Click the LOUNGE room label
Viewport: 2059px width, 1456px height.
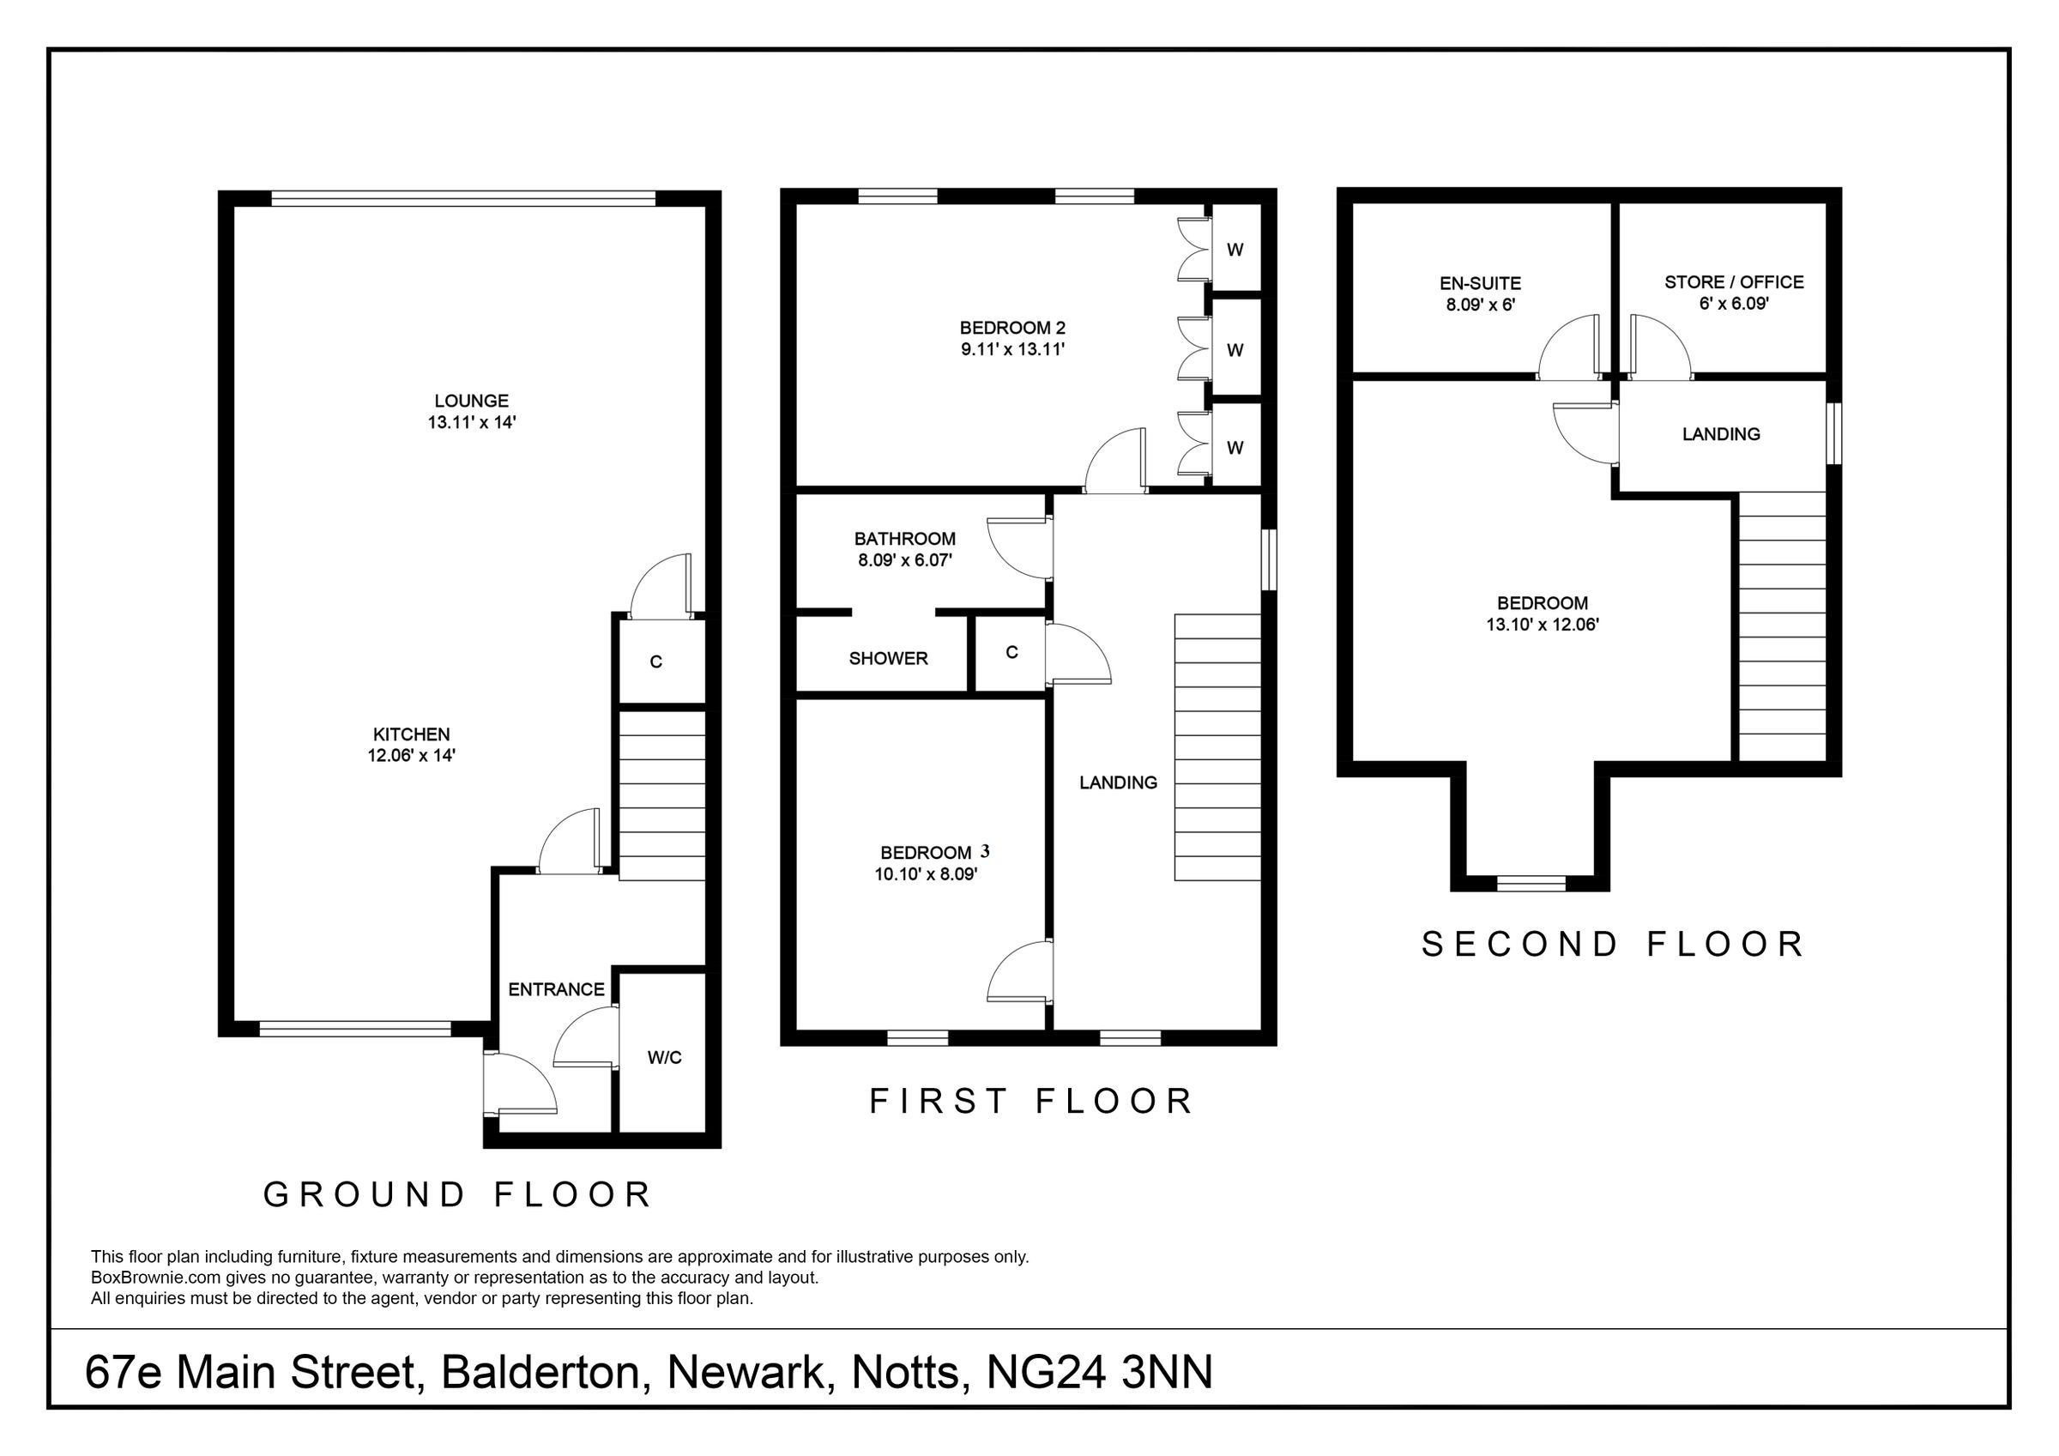(x=471, y=401)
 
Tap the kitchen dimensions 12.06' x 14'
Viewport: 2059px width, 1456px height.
(x=412, y=755)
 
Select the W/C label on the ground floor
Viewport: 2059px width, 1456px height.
(x=665, y=1058)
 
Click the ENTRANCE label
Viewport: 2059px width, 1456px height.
(x=556, y=989)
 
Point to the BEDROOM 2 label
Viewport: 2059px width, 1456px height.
(x=1012, y=328)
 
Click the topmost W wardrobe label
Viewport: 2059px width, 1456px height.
(x=1235, y=251)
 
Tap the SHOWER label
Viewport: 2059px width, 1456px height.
(x=888, y=658)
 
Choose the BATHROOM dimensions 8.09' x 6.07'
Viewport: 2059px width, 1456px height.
(x=904, y=560)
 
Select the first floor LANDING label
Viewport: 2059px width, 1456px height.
(x=1117, y=782)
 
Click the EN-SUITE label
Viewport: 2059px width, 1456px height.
(x=1480, y=283)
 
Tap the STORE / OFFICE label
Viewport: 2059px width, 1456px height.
(x=1734, y=281)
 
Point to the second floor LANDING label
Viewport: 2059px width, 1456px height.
(x=1720, y=434)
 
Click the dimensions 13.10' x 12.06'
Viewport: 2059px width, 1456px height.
(x=1543, y=625)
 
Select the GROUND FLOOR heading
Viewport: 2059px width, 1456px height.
(x=457, y=1194)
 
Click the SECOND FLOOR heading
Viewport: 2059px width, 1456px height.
(x=1613, y=944)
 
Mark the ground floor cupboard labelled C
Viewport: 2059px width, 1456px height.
(x=655, y=662)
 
